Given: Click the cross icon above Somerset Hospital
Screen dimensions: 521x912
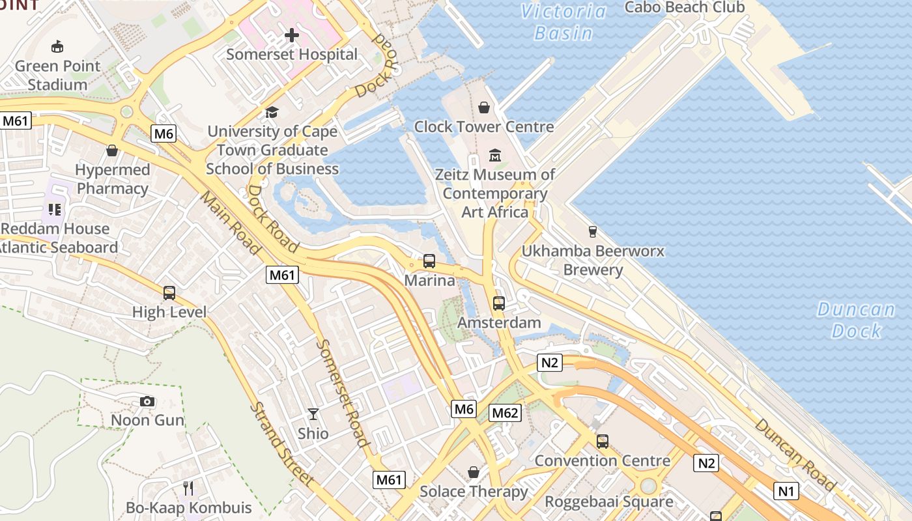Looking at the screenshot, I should coord(292,35).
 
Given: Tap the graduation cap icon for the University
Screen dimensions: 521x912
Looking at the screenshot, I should coord(272,112).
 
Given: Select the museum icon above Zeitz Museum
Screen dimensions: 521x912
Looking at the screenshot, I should coord(495,155).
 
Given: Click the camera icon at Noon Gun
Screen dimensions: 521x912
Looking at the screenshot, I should coord(148,401).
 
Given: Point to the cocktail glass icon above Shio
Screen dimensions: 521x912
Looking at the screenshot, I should coord(313,414).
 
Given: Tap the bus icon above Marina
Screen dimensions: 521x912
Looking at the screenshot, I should coord(429,261).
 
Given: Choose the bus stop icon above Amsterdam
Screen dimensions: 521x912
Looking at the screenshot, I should coord(499,303).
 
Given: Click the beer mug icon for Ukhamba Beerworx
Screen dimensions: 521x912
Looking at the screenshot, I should coord(592,231).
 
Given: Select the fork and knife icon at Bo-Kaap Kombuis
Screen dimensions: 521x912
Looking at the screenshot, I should coord(188,488).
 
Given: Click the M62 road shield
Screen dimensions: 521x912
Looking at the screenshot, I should coord(506,412).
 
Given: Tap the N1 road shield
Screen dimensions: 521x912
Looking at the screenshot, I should coord(786,490).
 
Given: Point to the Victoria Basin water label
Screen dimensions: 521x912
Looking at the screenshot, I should coord(563,22).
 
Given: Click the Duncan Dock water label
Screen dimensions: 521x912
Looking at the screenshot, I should coord(856,320).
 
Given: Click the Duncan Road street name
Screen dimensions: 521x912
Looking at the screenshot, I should coord(795,454).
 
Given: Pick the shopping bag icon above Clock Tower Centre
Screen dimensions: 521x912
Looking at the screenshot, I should coord(484,107).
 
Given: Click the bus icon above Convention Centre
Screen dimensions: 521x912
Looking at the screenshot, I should coord(603,441).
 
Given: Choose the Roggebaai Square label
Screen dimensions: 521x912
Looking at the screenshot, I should coord(609,501).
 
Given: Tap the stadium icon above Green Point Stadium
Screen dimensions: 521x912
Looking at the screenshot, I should coord(57,46).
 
